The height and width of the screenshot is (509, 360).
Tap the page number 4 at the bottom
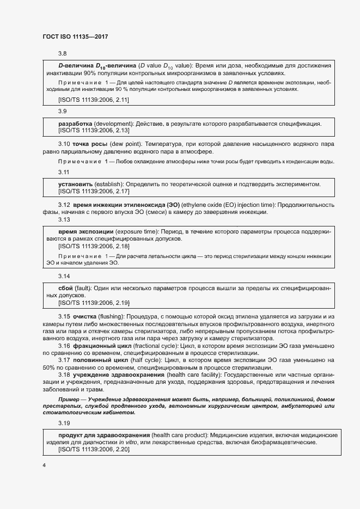pyautogui.click(x=44, y=465)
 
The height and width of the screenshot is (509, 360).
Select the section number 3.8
pyautogui.click(x=62, y=53)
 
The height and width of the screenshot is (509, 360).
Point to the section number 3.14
pyautogui.click(x=64, y=276)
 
